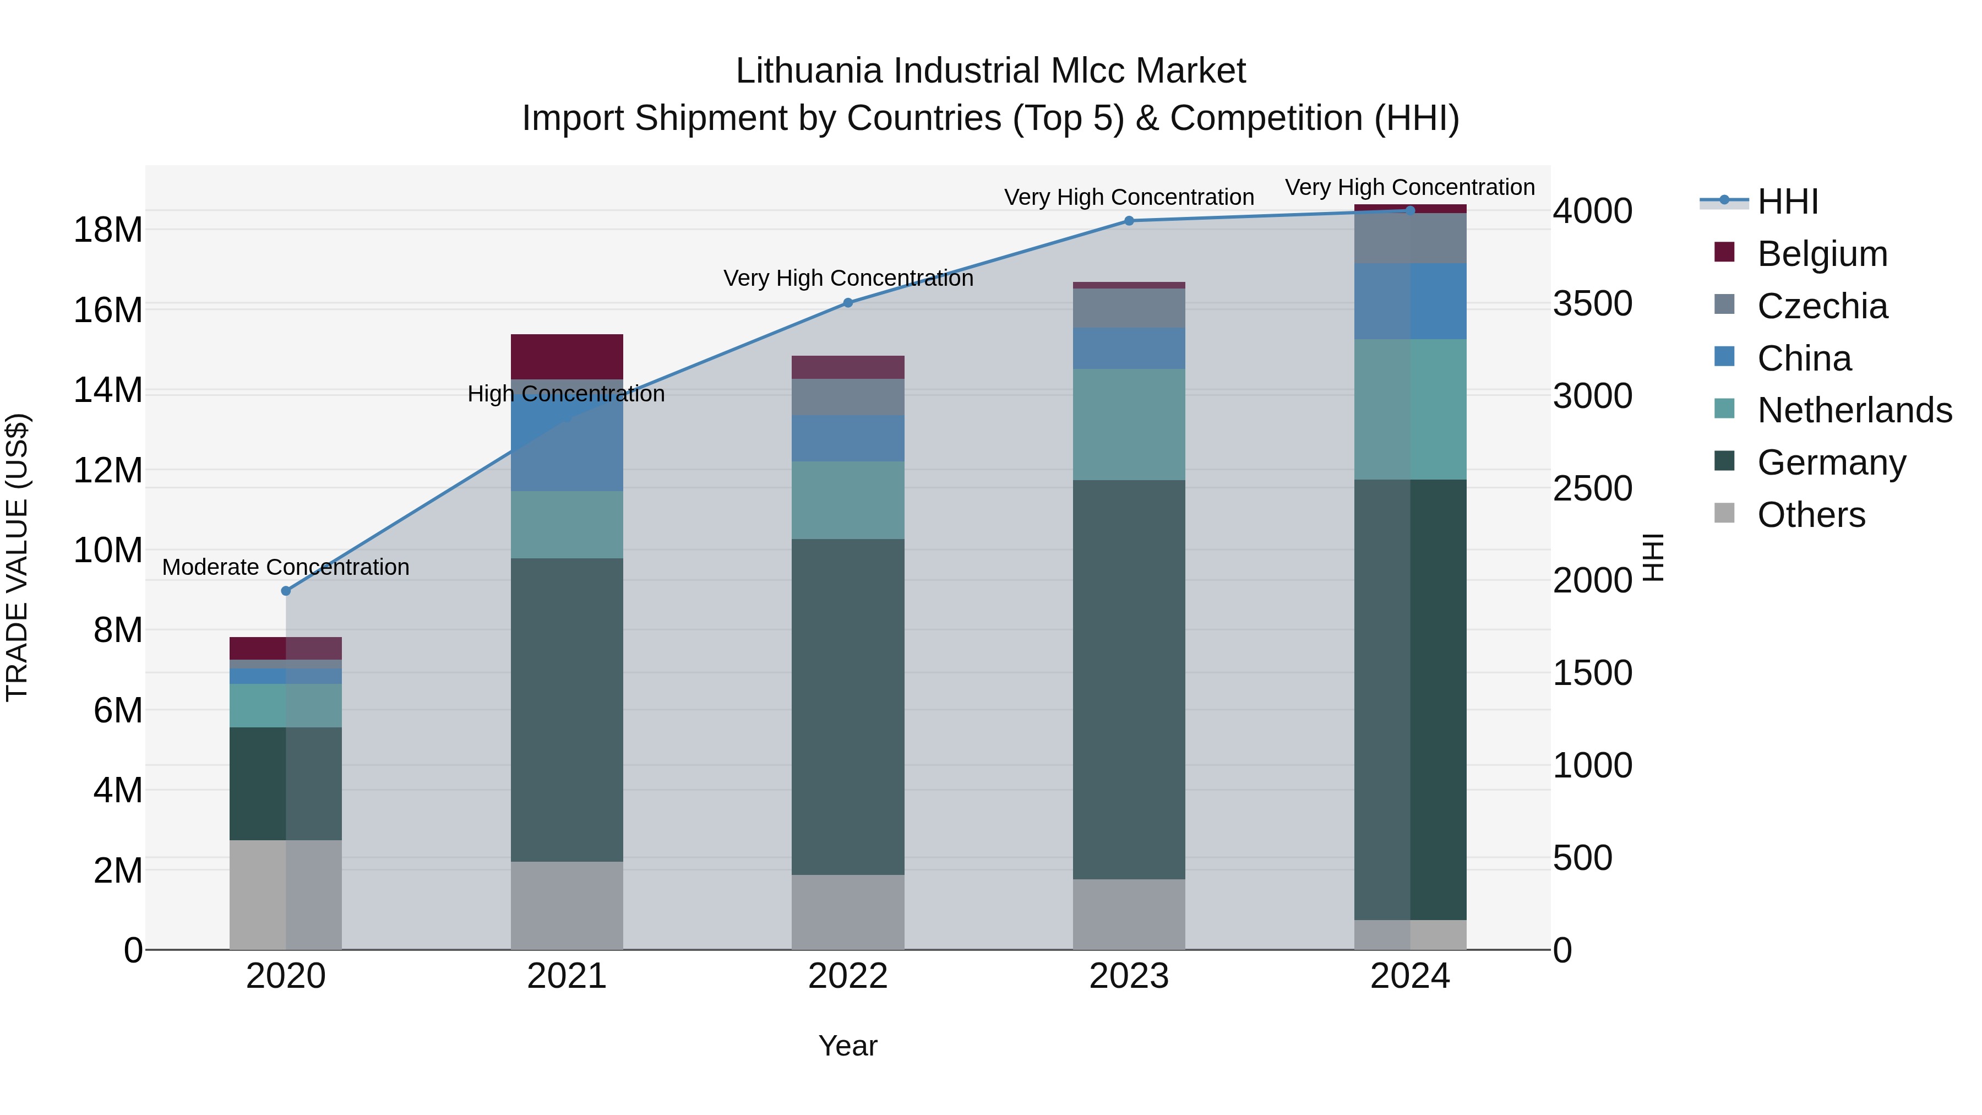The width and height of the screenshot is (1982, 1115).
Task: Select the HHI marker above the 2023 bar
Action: (x=1129, y=221)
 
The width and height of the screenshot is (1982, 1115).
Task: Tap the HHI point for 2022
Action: (x=848, y=303)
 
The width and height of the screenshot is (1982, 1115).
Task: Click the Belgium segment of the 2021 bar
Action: (x=567, y=356)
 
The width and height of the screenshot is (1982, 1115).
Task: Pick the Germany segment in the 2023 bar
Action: (x=1129, y=679)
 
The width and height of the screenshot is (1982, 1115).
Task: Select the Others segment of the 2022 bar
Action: (x=848, y=912)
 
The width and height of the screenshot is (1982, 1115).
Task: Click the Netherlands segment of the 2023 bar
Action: (x=1129, y=425)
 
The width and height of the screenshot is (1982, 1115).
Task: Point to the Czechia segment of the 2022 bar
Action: (x=848, y=397)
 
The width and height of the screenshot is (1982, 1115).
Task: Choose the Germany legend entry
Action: (x=1831, y=463)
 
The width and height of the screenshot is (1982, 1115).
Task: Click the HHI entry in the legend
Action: (x=1787, y=202)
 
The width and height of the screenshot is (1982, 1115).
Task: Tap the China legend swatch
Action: (x=1724, y=357)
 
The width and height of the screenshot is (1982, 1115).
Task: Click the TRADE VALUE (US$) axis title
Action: (x=17, y=557)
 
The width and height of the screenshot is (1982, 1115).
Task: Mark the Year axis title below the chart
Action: (x=847, y=1046)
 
